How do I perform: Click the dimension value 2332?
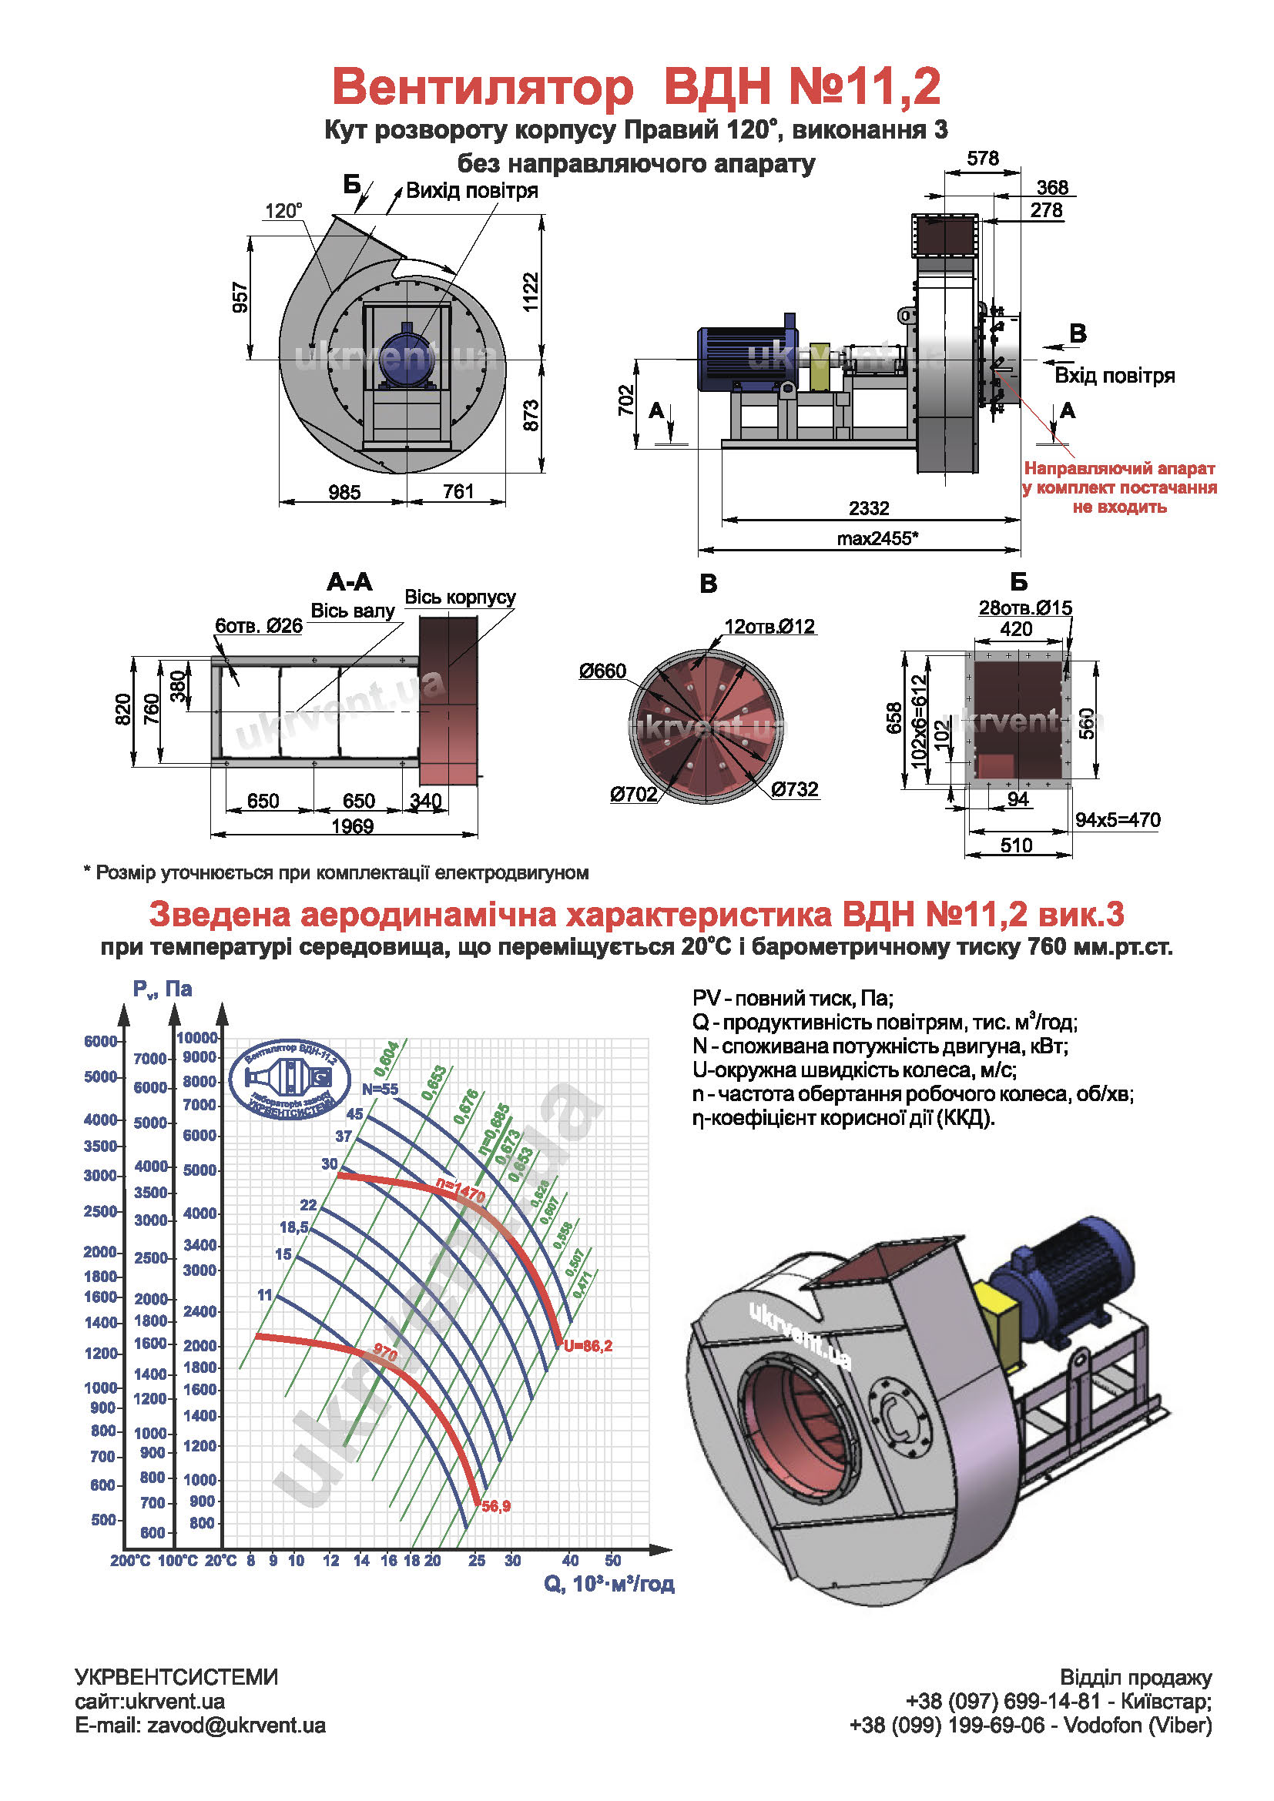(x=868, y=508)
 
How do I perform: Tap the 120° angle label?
(x=283, y=210)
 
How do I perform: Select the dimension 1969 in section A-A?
(x=352, y=826)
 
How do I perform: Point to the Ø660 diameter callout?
(x=602, y=671)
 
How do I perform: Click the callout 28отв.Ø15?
(x=1024, y=608)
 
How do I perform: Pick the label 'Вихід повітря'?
(x=471, y=191)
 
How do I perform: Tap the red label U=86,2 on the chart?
(x=588, y=1346)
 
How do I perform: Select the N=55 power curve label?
(x=380, y=1090)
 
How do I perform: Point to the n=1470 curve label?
(x=461, y=1191)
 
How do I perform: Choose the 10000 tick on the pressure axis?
(x=197, y=1038)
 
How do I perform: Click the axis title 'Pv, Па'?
(x=163, y=989)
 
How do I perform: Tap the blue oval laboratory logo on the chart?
(x=290, y=1080)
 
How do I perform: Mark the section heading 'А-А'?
(x=350, y=582)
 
